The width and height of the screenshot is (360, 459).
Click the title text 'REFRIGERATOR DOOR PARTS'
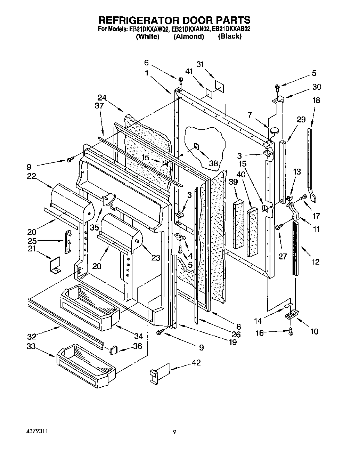[x=175, y=20]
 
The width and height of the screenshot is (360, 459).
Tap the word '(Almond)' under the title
[x=189, y=37]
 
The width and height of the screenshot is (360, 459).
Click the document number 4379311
[x=37, y=431]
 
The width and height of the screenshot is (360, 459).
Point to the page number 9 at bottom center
[x=175, y=432]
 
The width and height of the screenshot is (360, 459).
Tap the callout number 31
[x=200, y=64]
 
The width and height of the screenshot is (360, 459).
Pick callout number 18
[x=316, y=100]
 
